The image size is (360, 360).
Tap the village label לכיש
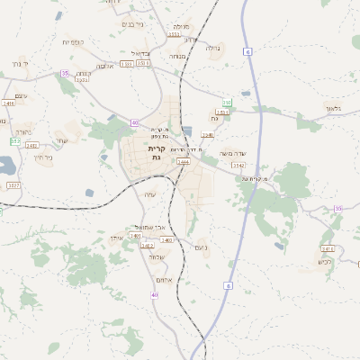325,262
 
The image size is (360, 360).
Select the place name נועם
201,247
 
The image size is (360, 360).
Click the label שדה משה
231,153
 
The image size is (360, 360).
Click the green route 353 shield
15,141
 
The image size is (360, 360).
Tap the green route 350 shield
228,103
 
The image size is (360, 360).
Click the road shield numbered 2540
208,135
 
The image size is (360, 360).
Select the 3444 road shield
184,162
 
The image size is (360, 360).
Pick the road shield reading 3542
238,166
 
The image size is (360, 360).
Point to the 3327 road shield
13,184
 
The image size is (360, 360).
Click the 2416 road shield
7,103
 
